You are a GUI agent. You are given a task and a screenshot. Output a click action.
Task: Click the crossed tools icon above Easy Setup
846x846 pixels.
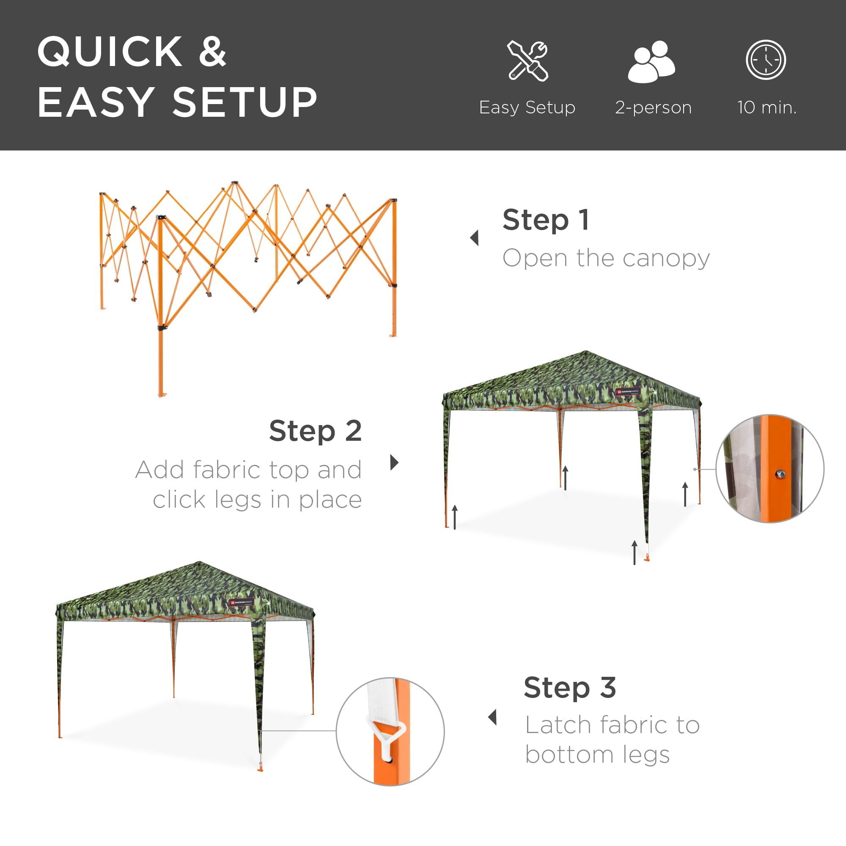point(527,60)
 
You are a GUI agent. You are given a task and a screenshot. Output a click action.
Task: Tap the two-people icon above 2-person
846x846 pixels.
point(651,61)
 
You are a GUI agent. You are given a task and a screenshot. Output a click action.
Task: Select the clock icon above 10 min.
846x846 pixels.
point(766,60)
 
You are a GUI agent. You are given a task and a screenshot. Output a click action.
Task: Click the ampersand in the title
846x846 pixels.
point(212,52)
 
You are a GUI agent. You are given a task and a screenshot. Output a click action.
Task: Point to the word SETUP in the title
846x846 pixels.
point(245,102)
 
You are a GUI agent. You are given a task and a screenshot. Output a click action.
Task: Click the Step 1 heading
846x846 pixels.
point(546,220)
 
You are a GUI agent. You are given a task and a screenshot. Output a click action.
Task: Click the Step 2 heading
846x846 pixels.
point(315,431)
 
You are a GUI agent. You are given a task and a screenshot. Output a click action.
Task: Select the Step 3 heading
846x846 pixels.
point(570,687)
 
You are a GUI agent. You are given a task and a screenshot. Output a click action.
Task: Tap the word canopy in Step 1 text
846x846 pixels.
point(665,258)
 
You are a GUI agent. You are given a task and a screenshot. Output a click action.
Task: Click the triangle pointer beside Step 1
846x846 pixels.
point(474,238)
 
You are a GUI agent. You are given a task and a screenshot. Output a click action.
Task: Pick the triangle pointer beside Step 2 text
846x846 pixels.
point(394,462)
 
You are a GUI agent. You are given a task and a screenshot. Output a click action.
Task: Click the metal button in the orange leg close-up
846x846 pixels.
point(780,474)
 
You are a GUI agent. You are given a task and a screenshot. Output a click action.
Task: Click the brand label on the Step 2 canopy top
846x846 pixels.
point(627,391)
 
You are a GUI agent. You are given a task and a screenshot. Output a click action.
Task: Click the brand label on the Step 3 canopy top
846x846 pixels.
point(242,602)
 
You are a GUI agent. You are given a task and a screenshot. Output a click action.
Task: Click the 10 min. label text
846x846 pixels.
point(767,107)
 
